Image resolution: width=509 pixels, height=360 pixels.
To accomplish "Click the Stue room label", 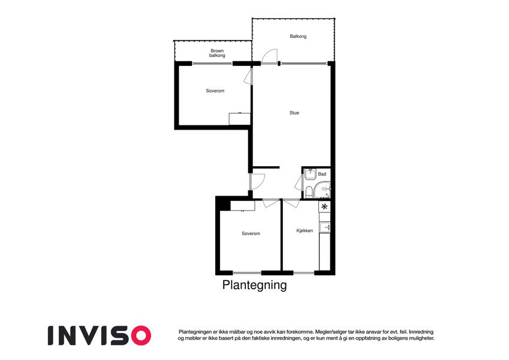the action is (x=294, y=113).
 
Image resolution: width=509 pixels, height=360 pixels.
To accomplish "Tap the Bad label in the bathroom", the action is (x=322, y=174).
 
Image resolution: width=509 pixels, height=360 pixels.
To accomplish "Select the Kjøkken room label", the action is (x=305, y=230).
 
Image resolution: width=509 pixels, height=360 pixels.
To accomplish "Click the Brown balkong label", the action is (x=217, y=53).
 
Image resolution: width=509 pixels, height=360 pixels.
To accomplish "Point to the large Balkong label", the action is (x=298, y=37).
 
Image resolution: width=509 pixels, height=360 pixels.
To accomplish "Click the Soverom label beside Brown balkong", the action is (x=215, y=91).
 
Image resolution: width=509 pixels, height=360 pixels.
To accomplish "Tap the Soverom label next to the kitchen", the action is (x=251, y=233).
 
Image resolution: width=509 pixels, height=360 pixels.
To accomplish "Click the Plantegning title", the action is (x=254, y=285).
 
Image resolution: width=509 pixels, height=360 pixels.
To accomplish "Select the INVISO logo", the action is (x=100, y=335).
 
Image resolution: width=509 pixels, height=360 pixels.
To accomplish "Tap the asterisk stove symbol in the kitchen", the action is (x=324, y=206).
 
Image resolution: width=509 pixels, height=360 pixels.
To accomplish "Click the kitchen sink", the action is (x=324, y=227).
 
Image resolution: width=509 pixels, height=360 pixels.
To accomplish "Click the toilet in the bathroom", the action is (x=308, y=193).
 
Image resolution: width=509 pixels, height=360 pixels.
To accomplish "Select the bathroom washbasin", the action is (x=311, y=174).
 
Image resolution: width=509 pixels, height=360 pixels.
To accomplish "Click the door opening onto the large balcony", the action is (x=270, y=56).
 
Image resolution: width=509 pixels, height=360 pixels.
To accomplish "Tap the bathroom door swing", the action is (x=299, y=183).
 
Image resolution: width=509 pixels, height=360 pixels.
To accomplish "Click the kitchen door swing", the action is (x=291, y=202).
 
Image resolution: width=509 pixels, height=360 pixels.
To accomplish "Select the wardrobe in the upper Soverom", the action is (x=240, y=119).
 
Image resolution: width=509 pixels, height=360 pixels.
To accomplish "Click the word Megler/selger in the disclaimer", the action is (x=329, y=332).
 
